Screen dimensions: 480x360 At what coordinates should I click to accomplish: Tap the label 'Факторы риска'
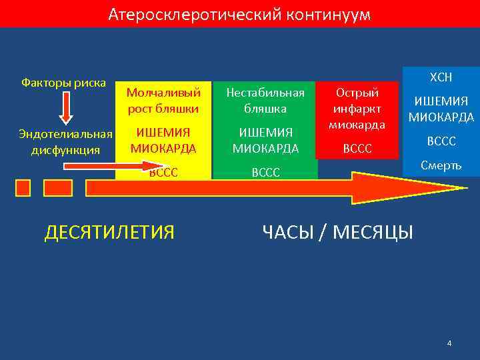64,83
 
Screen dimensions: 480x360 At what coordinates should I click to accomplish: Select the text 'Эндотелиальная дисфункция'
65,141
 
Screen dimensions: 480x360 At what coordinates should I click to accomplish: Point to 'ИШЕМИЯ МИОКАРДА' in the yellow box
163,139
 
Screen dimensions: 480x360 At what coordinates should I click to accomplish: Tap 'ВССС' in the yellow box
163,173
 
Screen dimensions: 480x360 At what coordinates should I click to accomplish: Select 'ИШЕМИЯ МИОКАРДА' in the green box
265,139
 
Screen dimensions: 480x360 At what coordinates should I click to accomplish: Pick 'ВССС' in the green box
265,173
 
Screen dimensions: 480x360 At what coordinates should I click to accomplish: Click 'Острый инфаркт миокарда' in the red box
357,108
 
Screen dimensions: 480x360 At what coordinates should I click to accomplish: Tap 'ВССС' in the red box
357,149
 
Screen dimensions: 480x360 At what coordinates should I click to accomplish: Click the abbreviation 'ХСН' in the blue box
441,77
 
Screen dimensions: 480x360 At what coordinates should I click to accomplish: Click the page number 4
449,343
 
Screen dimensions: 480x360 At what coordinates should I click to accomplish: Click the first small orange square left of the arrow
23,188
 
